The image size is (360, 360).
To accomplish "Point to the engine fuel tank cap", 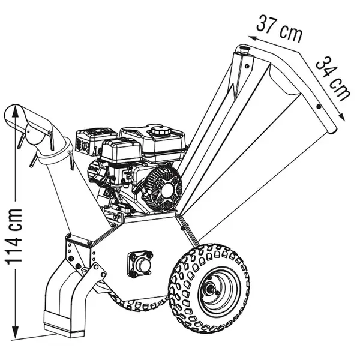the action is point(160,131).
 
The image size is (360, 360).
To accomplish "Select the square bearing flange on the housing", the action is point(140,264).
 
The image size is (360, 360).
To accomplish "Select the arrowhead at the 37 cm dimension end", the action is point(253,38).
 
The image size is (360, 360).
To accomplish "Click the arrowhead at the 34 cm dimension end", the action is point(341,117).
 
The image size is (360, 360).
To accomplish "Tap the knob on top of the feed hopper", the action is point(245,50).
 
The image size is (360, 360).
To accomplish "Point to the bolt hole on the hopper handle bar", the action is point(318,107).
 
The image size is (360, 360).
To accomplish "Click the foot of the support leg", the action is point(64,325).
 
